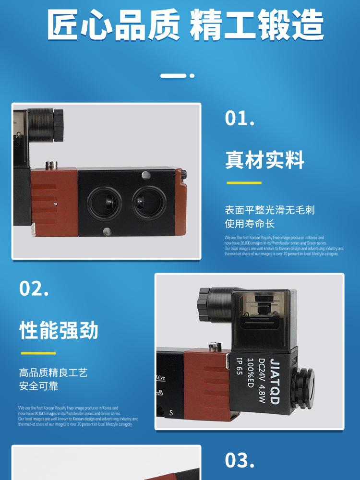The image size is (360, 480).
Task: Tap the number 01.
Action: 240,119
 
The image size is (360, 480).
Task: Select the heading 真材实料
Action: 264,160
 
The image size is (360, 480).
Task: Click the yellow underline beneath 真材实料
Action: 244,183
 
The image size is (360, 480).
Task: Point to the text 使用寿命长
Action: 250,224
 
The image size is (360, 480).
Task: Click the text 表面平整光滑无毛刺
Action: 270,210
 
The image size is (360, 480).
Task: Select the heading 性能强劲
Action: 59,331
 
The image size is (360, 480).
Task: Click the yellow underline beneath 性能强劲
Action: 38,353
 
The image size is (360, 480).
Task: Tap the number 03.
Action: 240,460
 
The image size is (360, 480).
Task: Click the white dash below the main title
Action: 174,75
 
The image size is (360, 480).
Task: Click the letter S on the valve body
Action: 171,413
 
